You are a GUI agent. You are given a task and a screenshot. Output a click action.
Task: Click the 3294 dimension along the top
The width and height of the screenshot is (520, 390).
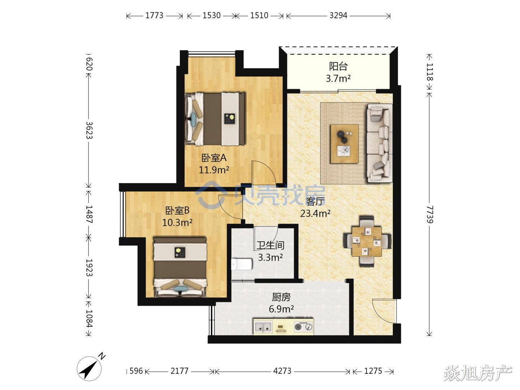pos(338,16)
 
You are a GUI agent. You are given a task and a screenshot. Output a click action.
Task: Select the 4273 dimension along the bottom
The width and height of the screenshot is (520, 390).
pos(282,370)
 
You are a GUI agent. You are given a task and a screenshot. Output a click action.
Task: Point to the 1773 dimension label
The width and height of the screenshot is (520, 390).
pos(154,16)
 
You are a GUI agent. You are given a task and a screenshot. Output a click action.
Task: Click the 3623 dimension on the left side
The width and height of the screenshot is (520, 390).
pos(89,130)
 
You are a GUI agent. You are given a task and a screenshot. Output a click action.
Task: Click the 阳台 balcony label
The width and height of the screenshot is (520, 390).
pos(338,66)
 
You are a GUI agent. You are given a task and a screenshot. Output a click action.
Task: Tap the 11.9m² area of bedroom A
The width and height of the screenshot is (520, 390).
pos(214,170)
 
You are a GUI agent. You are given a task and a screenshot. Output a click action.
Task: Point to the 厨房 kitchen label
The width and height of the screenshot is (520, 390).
pos(281,297)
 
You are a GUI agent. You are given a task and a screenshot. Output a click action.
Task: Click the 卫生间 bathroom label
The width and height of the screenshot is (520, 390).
pos(270,245)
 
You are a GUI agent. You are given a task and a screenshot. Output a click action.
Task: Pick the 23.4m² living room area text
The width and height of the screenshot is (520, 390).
pos(315,213)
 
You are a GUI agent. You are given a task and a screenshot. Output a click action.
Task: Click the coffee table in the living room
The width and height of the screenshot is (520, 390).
pos(344,144)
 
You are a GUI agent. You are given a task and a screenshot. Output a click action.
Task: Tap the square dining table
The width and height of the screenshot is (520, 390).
pos(367,242)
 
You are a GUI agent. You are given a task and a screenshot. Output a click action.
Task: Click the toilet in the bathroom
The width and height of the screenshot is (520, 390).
pos(241,264)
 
